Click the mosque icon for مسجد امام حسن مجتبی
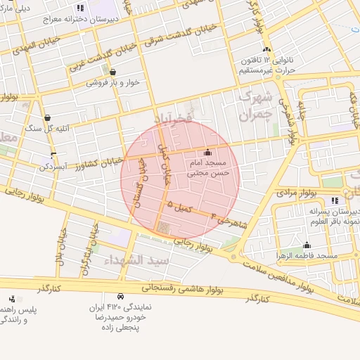point(207,153)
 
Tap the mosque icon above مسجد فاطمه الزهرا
point(306,245)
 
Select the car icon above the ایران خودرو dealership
point(120,297)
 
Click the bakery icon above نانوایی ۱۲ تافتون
point(266,50)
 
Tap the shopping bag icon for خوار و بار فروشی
point(112,72)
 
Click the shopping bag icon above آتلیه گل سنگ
point(47,117)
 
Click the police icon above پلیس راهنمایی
point(11,299)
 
